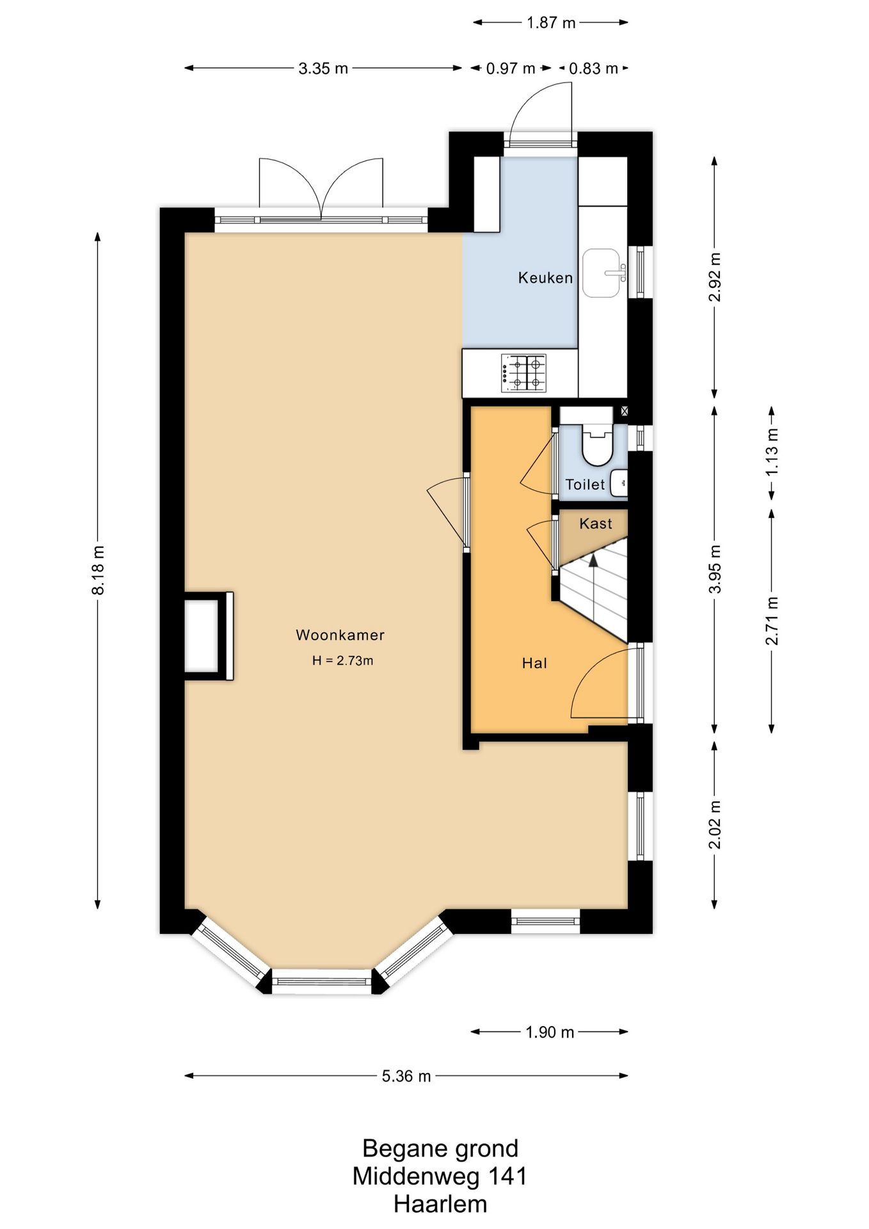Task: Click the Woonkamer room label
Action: click(x=340, y=635)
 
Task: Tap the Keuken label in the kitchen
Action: click(x=545, y=278)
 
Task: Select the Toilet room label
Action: click(x=585, y=485)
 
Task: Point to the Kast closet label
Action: click(x=595, y=524)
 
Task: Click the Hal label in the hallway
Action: click(x=534, y=663)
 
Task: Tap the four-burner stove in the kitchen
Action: click(x=523, y=373)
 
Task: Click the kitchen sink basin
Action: click(x=602, y=273)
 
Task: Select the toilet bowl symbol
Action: click(x=597, y=446)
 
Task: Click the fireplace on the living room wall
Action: click(x=209, y=636)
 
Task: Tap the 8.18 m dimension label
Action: click(x=98, y=570)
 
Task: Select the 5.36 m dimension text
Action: click(x=406, y=1076)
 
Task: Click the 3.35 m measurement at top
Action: click(x=323, y=68)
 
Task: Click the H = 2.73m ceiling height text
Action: click(x=342, y=661)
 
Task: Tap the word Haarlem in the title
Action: click(x=440, y=1204)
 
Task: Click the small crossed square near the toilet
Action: click(x=625, y=412)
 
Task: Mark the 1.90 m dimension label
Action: click(x=550, y=1032)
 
